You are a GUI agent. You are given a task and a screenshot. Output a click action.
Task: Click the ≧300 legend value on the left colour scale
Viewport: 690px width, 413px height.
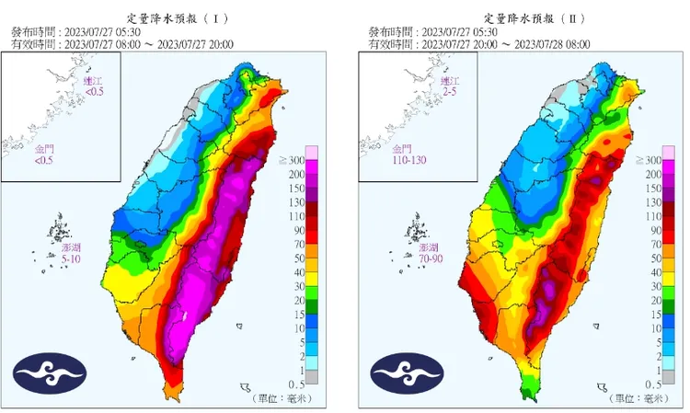click(x=293, y=161)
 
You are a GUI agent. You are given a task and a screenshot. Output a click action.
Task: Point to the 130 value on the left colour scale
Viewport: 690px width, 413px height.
click(x=295, y=202)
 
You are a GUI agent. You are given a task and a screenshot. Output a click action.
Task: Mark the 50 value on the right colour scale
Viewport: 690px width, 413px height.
click(x=653, y=258)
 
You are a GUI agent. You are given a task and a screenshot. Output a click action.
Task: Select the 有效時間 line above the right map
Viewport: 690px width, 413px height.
click(x=478, y=43)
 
